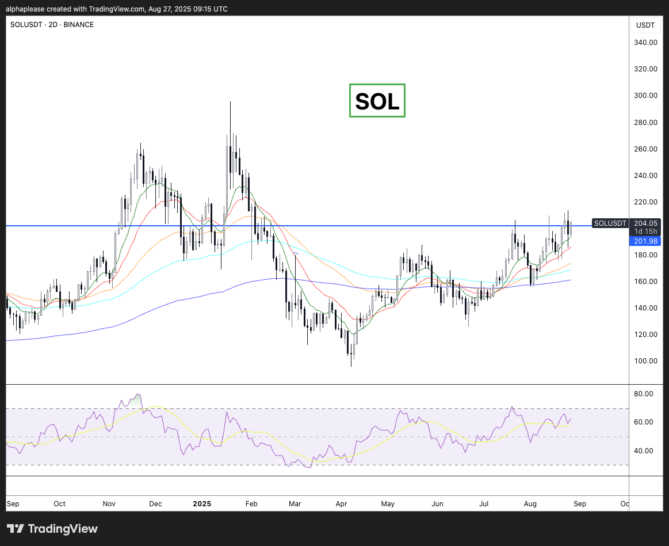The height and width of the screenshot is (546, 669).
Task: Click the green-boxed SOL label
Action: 377,101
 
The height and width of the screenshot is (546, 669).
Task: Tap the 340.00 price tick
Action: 645,43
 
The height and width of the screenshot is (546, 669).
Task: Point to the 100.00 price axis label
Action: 645,361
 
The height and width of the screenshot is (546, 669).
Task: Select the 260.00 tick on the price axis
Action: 645,149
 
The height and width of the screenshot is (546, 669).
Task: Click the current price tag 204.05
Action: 645,223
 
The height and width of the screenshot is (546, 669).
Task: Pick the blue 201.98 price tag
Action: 645,241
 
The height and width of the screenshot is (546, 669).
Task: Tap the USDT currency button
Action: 645,25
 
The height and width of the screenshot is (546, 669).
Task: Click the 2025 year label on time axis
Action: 202,504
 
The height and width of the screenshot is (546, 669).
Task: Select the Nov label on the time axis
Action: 109,504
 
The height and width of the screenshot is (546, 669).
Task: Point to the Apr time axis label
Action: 341,504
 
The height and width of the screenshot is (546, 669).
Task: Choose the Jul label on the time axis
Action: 484,504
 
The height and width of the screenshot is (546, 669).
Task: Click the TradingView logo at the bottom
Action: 52,529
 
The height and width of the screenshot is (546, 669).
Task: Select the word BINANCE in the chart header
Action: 78,25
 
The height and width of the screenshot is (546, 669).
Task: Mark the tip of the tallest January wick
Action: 230,102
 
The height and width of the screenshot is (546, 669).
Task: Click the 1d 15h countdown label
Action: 645,232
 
